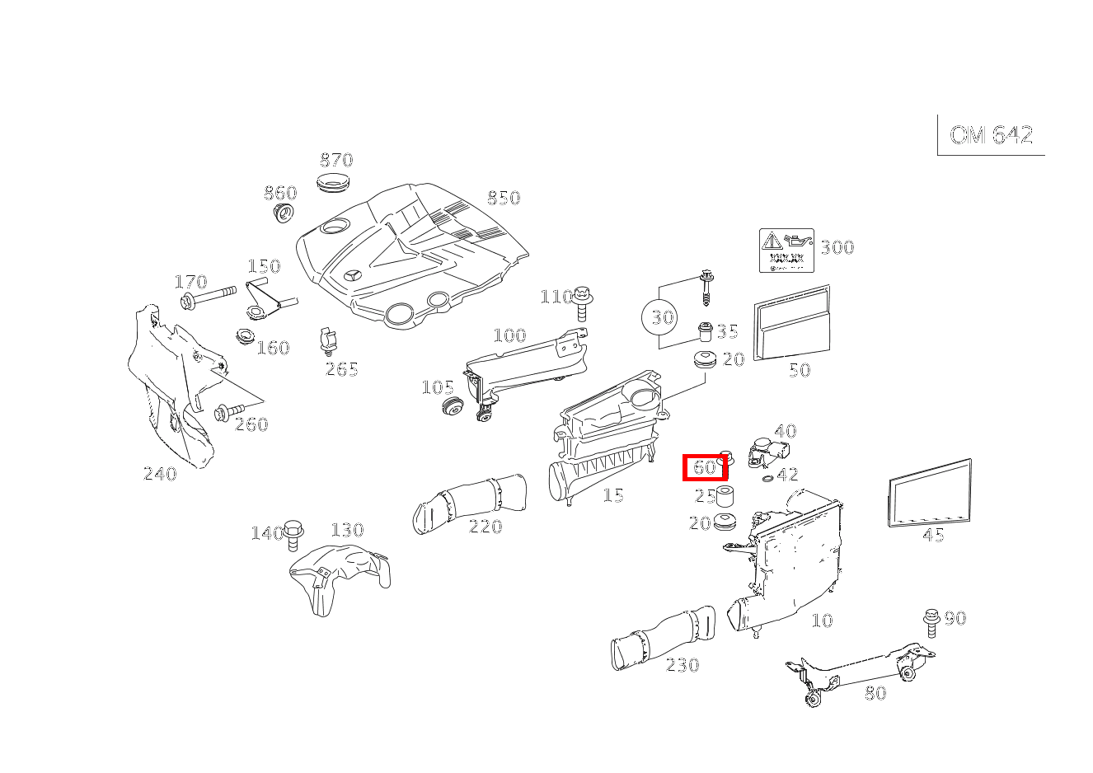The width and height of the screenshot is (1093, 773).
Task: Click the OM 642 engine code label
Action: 991,135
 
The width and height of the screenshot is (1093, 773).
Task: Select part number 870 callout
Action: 336,160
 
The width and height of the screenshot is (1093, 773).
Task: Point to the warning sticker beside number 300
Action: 786,251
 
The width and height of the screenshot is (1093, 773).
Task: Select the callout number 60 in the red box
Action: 705,467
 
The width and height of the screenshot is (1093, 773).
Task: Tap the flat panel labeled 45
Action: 930,493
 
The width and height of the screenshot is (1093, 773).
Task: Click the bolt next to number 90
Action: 932,623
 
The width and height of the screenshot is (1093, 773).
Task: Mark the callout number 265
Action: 341,368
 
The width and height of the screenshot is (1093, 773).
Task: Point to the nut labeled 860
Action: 284,215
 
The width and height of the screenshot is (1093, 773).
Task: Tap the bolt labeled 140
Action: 293,535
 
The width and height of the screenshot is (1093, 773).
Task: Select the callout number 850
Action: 503,198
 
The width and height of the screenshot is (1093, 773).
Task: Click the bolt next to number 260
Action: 228,411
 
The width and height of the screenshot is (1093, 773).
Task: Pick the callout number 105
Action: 437,387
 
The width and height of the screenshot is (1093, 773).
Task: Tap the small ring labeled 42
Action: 768,479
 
